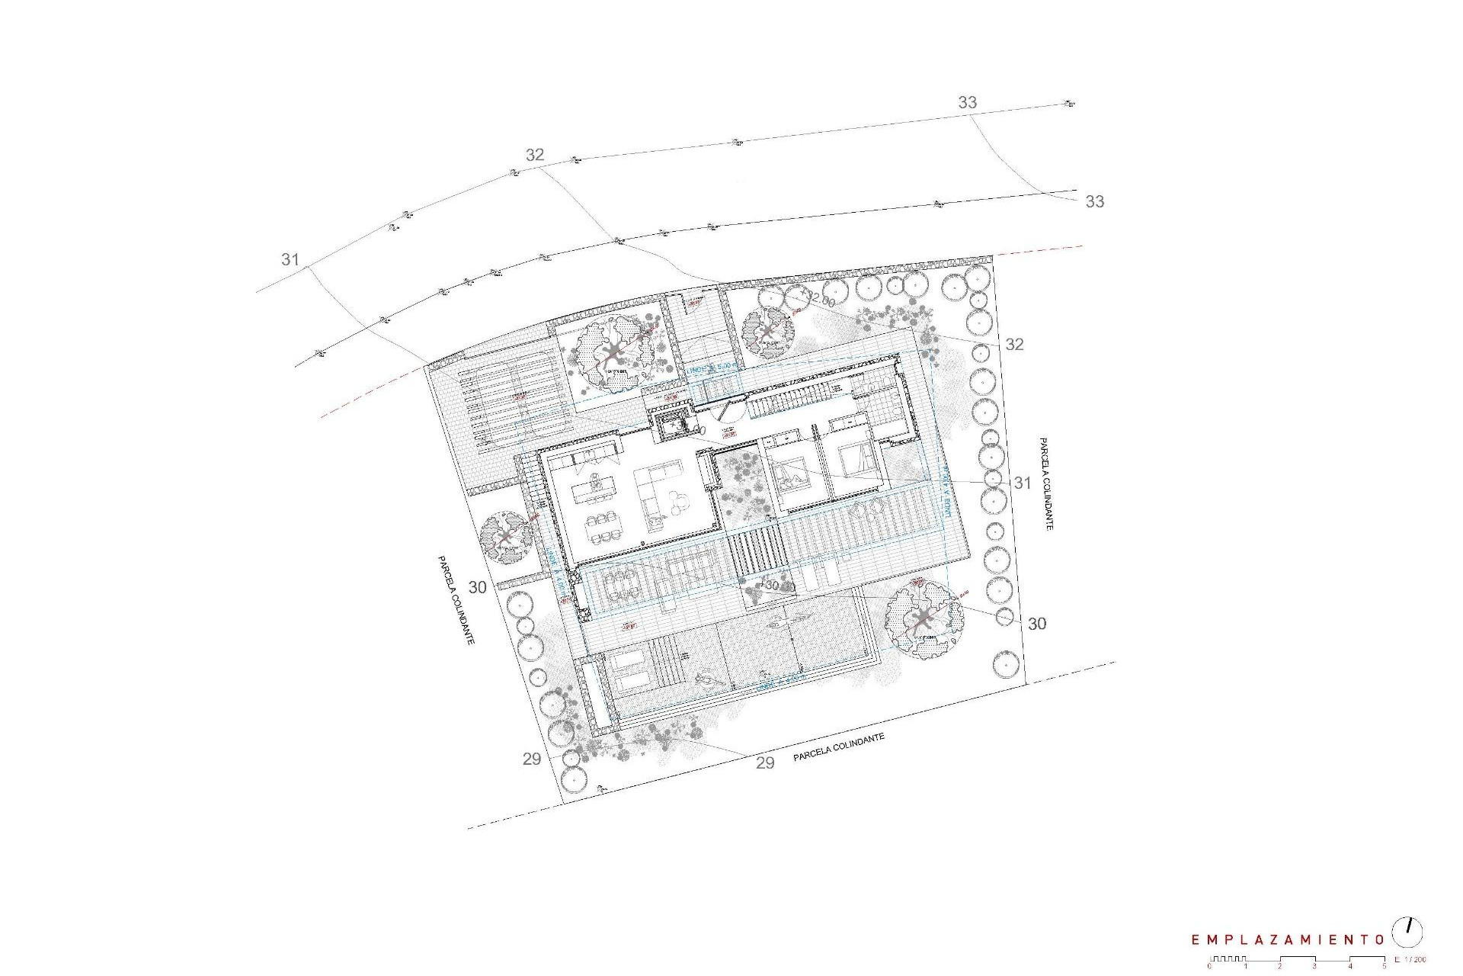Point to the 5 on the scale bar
(1384, 967)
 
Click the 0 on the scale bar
(1209, 967)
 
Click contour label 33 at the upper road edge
(967, 102)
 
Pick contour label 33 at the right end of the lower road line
(1094, 201)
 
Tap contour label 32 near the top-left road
(535, 155)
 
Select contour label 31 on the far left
(290, 259)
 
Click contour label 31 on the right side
(1022, 483)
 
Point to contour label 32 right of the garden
(1014, 345)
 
